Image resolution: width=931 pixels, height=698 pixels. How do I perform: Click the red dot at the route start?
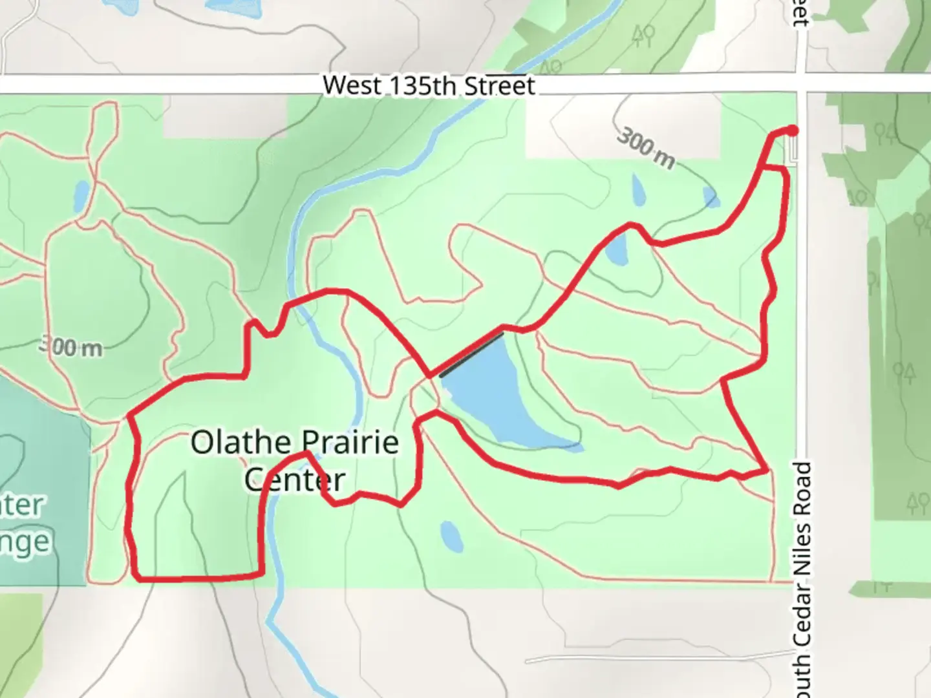click(792, 131)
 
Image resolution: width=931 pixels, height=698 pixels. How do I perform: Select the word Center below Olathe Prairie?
click(295, 480)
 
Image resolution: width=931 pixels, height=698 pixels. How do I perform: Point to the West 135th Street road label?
click(429, 85)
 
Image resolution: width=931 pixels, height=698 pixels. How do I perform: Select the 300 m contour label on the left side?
click(71, 347)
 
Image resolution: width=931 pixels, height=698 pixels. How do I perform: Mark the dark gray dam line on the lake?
click(471, 354)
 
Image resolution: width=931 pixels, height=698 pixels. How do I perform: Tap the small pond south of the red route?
click(451, 536)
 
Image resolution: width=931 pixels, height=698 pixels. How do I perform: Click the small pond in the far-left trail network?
click(81, 196)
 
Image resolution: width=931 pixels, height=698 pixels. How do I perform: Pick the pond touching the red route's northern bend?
click(616, 249)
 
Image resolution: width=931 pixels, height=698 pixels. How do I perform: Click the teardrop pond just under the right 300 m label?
click(637, 189)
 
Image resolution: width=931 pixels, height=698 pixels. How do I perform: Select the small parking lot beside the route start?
click(793, 150)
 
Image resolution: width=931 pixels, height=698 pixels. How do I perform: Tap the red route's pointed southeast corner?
click(767, 471)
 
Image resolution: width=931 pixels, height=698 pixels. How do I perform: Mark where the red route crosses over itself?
click(429, 375)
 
